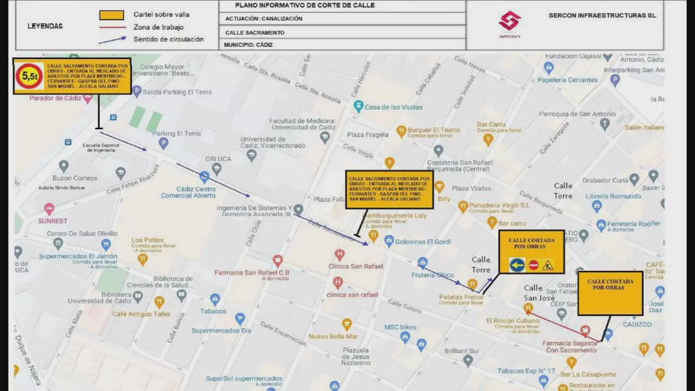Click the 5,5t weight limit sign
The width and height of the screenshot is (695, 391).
pyautogui.click(x=28, y=76)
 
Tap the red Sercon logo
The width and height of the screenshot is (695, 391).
pyautogui.click(x=509, y=22)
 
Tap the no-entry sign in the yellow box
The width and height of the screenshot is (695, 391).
pyautogui.click(x=533, y=265)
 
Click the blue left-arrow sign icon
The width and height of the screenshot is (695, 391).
pyautogui.click(x=517, y=265)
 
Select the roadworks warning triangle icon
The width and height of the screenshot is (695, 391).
pyautogui.click(x=547, y=265)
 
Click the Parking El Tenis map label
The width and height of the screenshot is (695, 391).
pyautogui.click(x=176, y=134)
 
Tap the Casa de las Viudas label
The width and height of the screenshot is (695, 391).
pyautogui.click(x=393, y=108)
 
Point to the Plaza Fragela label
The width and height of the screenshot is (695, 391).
pyautogui.click(x=368, y=135)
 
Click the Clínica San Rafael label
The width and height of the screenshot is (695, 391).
pyautogui.click(x=356, y=266)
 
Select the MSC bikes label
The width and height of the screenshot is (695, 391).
pyautogui.click(x=400, y=327)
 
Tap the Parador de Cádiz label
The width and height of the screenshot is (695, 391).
pyautogui.click(x=55, y=98)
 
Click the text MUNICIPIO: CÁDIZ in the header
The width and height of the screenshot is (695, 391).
pyautogui.click(x=248, y=45)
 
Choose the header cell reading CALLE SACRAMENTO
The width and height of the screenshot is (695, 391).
pyautogui.click(x=255, y=33)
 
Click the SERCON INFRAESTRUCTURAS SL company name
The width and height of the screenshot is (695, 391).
pyautogui.click(x=602, y=16)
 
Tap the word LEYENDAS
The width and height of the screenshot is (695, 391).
pyautogui.click(x=45, y=26)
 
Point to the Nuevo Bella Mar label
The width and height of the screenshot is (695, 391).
pyautogui.click(x=333, y=337)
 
